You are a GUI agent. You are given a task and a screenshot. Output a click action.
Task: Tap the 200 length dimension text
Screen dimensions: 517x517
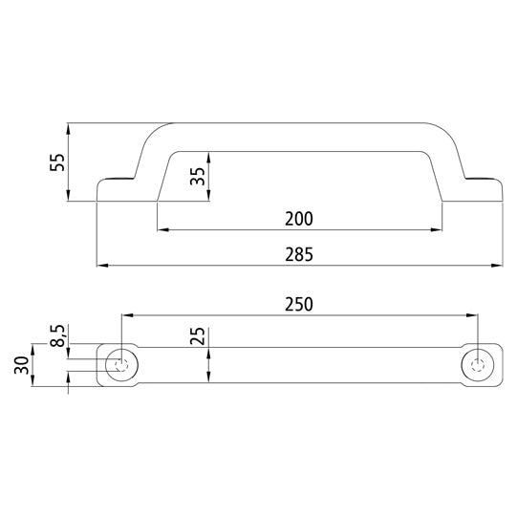299,218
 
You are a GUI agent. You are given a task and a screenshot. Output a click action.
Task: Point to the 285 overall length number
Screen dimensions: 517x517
299,254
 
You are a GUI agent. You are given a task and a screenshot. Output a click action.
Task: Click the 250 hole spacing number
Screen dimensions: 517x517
299,304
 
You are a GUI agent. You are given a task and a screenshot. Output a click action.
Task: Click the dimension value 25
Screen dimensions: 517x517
198,337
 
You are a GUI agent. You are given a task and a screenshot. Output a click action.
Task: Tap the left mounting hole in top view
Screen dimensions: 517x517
120,365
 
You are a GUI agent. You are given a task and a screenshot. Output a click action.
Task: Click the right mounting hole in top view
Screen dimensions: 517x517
478,365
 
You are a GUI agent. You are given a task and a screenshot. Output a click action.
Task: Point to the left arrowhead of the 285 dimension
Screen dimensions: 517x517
102,265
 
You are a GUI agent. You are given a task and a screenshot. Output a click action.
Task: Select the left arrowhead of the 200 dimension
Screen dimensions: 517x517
162,229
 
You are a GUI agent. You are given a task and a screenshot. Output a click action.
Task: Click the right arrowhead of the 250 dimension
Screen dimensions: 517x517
473,315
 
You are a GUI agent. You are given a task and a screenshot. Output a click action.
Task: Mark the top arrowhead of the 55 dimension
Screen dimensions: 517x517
69,128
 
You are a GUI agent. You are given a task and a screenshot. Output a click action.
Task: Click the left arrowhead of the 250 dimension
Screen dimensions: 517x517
125,315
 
